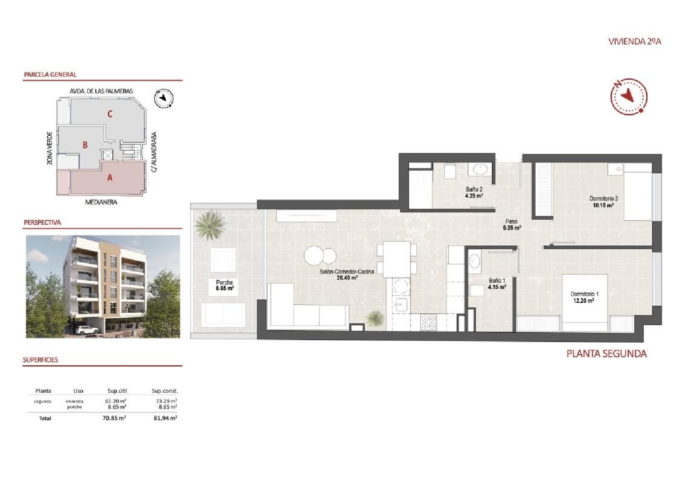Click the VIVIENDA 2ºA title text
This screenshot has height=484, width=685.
[635, 42]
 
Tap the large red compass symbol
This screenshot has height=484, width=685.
[629, 96]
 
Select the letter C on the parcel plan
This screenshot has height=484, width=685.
[110, 114]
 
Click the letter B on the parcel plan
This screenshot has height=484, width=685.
[85, 145]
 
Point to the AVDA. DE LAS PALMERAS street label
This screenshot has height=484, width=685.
[101, 91]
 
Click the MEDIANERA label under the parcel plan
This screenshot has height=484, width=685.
[101, 202]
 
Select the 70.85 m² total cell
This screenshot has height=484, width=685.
[114, 418]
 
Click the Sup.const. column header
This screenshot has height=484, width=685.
[164, 391]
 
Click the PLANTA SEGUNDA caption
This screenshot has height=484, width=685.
[606, 353]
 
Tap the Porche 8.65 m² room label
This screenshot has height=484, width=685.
[225, 285]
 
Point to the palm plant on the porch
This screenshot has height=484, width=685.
[211, 225]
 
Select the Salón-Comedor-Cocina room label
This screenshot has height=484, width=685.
[347, 274]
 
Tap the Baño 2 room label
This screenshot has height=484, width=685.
[474, 192]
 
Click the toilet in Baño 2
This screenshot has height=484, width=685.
[450, 171]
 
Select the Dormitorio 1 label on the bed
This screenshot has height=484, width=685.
[584, 297]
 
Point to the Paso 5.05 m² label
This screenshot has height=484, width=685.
[511, 225]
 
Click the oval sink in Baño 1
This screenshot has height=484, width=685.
[474, 262]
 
